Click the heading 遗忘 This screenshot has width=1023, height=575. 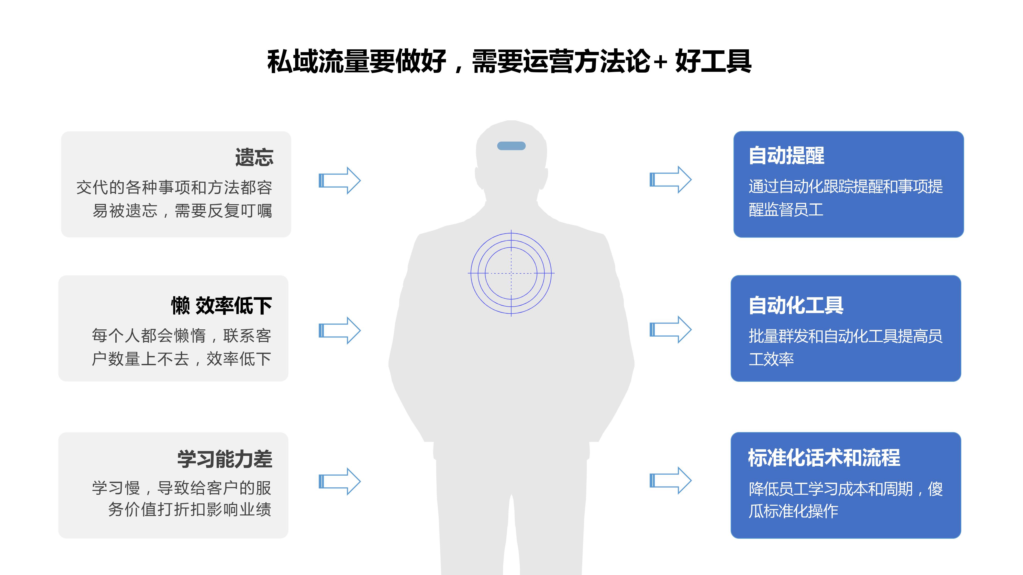coord(254,157)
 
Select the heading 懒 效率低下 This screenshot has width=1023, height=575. coord(221,306)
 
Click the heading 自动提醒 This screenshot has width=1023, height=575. coord(786,155)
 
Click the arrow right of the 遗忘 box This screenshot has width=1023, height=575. coord(340,181)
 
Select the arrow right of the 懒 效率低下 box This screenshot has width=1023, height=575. coord(340,330)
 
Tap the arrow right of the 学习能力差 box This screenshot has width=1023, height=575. coord(340,481)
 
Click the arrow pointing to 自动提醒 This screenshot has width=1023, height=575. coord(670,180)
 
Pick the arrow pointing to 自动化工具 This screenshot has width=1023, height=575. coord(670,330)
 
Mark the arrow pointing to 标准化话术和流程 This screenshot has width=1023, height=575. coord(670,480)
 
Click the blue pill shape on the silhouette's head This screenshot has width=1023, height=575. coord(511,146)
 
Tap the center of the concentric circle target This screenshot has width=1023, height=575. coord(511,273)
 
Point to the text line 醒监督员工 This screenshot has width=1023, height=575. coord(786,210)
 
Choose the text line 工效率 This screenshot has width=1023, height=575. coord(771,359)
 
